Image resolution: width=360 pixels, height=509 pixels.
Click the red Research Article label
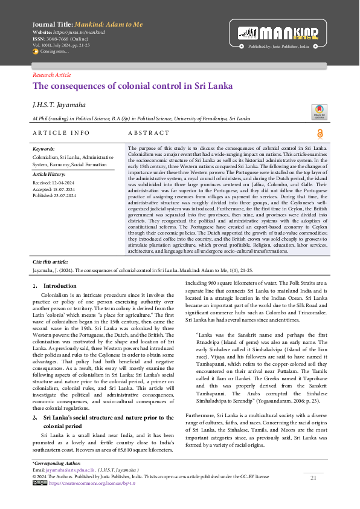point(51,75)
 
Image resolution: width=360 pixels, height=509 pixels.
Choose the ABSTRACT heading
point(149,133)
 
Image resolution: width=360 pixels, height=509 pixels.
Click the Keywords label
point(44,149)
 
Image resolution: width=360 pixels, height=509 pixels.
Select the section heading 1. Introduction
point(55,285)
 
